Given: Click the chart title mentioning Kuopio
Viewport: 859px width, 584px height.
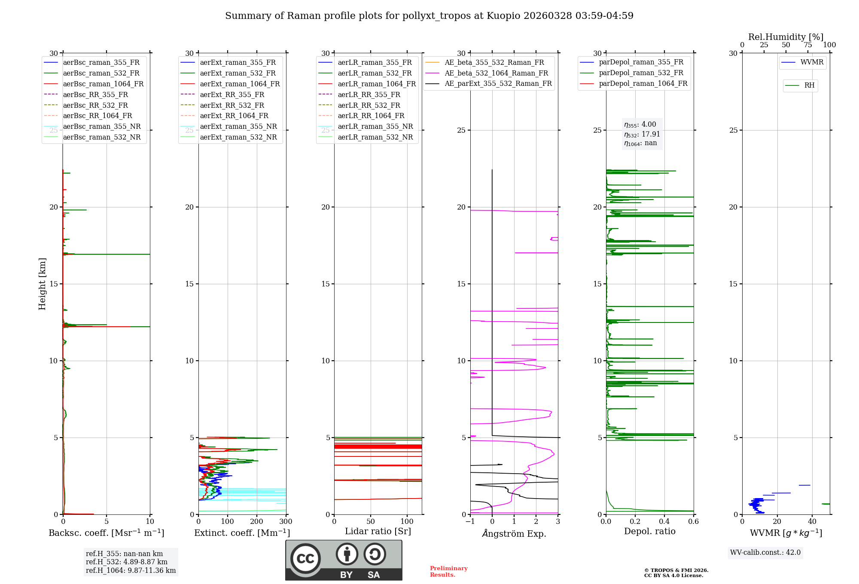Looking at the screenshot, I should (x=429, y=16).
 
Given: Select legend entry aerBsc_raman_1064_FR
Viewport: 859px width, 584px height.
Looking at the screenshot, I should (x=103, y=84).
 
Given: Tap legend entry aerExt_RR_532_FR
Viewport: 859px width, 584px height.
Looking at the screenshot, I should (x=232, y=105).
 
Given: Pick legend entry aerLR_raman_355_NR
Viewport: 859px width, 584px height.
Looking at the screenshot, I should (x=375, y=126).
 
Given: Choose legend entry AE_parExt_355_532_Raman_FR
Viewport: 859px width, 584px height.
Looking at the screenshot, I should (x=498, y=83).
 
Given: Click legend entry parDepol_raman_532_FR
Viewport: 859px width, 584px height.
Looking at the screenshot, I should (x=641, y=73).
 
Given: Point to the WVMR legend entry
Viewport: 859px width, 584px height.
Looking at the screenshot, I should (x=812, y=62).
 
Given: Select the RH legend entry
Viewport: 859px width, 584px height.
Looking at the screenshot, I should (x=809, y=85).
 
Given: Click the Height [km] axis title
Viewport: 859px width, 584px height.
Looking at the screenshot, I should (x=42, y=283).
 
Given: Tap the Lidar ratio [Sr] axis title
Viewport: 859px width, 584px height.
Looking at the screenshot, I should (x=378, y=531).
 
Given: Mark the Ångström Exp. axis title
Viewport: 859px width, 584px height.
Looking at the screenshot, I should (x=514, y=533).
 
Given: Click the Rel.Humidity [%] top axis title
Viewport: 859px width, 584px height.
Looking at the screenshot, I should (x=786, y=37).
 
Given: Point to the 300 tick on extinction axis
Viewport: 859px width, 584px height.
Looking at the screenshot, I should (x=286, y=522).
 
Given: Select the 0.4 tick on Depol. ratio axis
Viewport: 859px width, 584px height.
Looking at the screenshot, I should (x=664, y=522).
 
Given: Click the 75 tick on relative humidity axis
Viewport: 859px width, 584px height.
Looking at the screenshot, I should (x=808, y=45).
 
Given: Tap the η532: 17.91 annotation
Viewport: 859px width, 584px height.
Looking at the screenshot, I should (x=642, y=134).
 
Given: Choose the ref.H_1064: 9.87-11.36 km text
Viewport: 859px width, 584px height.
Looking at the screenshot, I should (x=131, y=570).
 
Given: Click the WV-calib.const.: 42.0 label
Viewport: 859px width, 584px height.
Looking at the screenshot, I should (x=765, y=552).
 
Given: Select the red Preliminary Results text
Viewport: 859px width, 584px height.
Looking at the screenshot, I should (x=448, y=571).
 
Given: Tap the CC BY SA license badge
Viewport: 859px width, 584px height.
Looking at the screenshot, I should (x=344, y=560).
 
